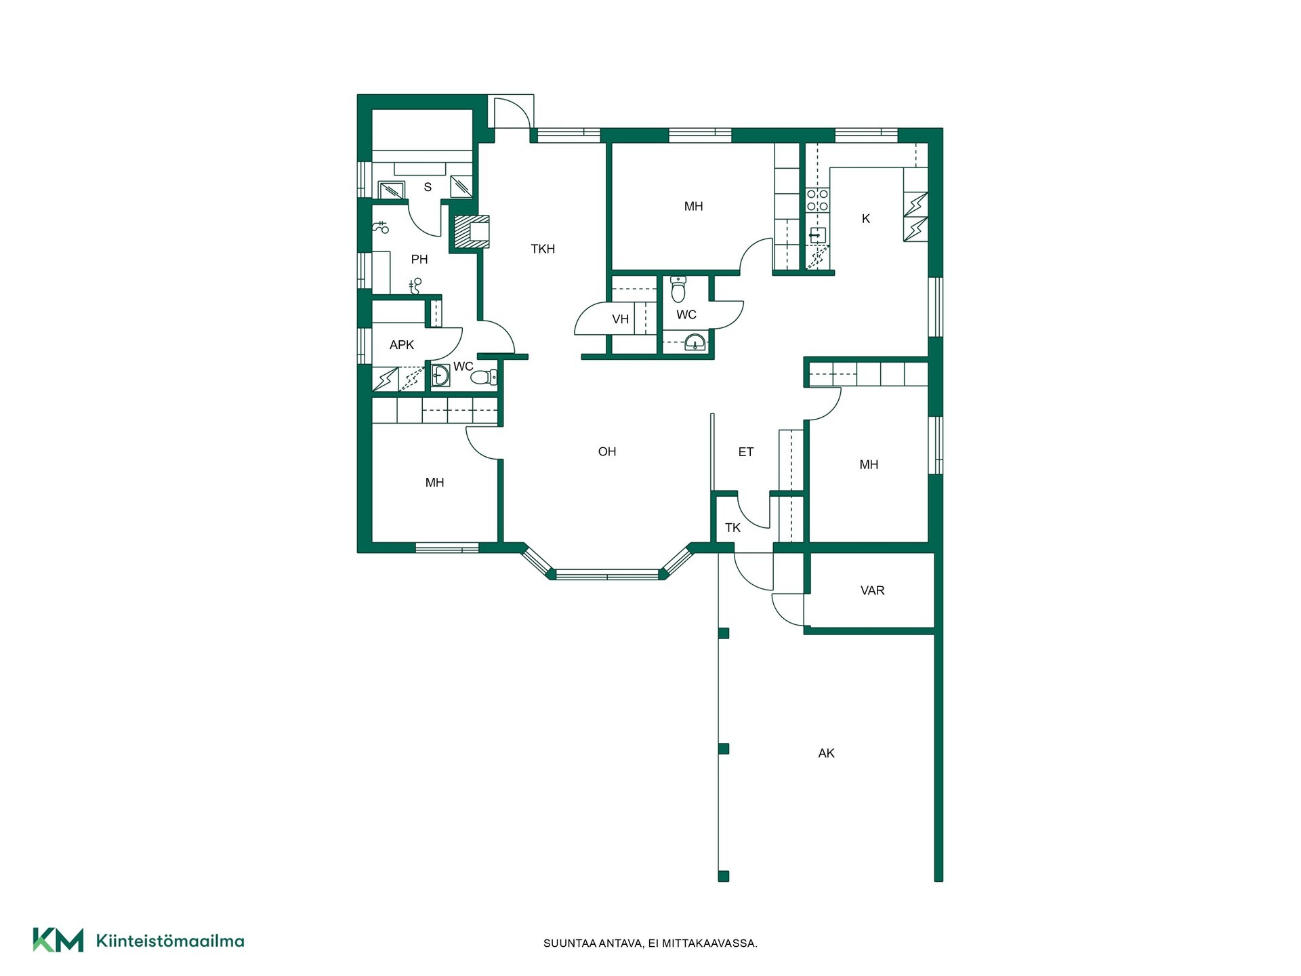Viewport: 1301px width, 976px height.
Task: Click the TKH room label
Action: [543, 249]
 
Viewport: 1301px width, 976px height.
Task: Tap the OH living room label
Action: [607, 451]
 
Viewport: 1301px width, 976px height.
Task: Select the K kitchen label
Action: [865, 218]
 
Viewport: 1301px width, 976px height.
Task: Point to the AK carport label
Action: [826, 753]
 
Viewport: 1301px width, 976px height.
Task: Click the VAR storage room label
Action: [872, 590]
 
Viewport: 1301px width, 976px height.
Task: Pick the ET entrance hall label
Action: [745, 452]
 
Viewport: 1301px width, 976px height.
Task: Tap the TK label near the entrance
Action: [732, 527]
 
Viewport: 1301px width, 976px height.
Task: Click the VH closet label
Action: [620, 319]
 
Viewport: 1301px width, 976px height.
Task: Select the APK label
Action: [401, 345]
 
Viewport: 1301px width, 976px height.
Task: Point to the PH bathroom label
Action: [419, 259]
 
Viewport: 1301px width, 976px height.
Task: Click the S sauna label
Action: [428, 187]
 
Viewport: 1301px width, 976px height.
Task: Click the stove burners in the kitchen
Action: [817, 200]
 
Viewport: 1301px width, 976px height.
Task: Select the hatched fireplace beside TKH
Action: [471, 232]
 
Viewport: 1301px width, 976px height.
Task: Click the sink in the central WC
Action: [695, 342]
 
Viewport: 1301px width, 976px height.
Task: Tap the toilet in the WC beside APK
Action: [483, 378]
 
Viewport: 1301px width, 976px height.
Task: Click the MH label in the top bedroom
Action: [693, 206]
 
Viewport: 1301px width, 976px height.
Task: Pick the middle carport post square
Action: [724, 748]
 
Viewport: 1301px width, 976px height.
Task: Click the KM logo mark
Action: [58, 940]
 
